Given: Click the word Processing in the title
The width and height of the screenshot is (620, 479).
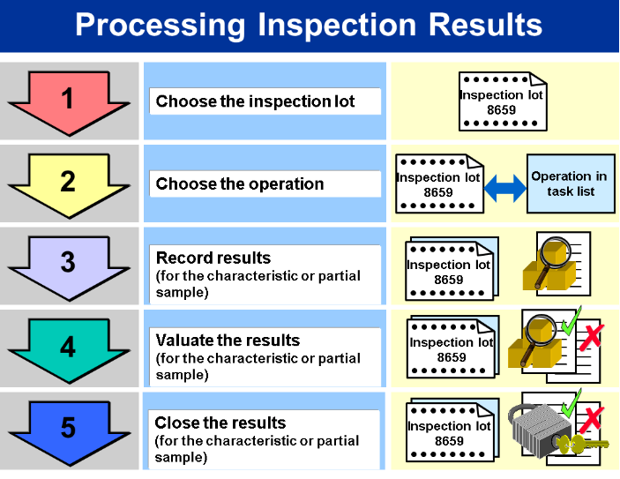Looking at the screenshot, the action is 161,26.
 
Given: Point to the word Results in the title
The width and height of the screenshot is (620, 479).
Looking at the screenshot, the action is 485,25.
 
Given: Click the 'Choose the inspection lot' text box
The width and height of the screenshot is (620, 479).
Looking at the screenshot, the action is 265,101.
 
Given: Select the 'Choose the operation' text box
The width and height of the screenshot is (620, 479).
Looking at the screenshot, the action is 265,184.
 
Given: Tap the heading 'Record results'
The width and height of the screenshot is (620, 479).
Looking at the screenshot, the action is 213,258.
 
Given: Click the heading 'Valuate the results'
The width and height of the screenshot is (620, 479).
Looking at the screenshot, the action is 228,341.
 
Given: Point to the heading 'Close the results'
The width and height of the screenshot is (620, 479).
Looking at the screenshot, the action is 220,423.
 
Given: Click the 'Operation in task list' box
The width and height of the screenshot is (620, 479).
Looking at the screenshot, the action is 571,183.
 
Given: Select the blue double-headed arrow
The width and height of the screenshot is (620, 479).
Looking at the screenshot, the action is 505,188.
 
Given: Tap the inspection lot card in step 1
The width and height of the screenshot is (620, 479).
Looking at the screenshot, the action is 503,101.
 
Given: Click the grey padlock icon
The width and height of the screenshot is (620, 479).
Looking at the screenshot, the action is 540,430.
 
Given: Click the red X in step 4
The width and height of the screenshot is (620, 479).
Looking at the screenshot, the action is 592,337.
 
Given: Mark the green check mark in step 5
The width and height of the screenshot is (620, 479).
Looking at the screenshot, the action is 571,403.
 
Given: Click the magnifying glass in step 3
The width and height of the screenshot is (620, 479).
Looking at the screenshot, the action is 551,261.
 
